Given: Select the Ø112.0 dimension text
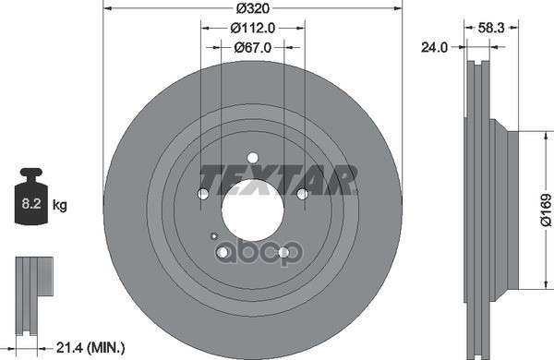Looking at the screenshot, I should point(252,29).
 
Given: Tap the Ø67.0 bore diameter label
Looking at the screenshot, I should point(252,47).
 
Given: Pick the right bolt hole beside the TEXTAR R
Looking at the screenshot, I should point(302,193).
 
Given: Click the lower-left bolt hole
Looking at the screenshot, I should point(223,251).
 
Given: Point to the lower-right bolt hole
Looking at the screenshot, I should point(284,251).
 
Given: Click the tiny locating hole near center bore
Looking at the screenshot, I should point(214,235).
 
